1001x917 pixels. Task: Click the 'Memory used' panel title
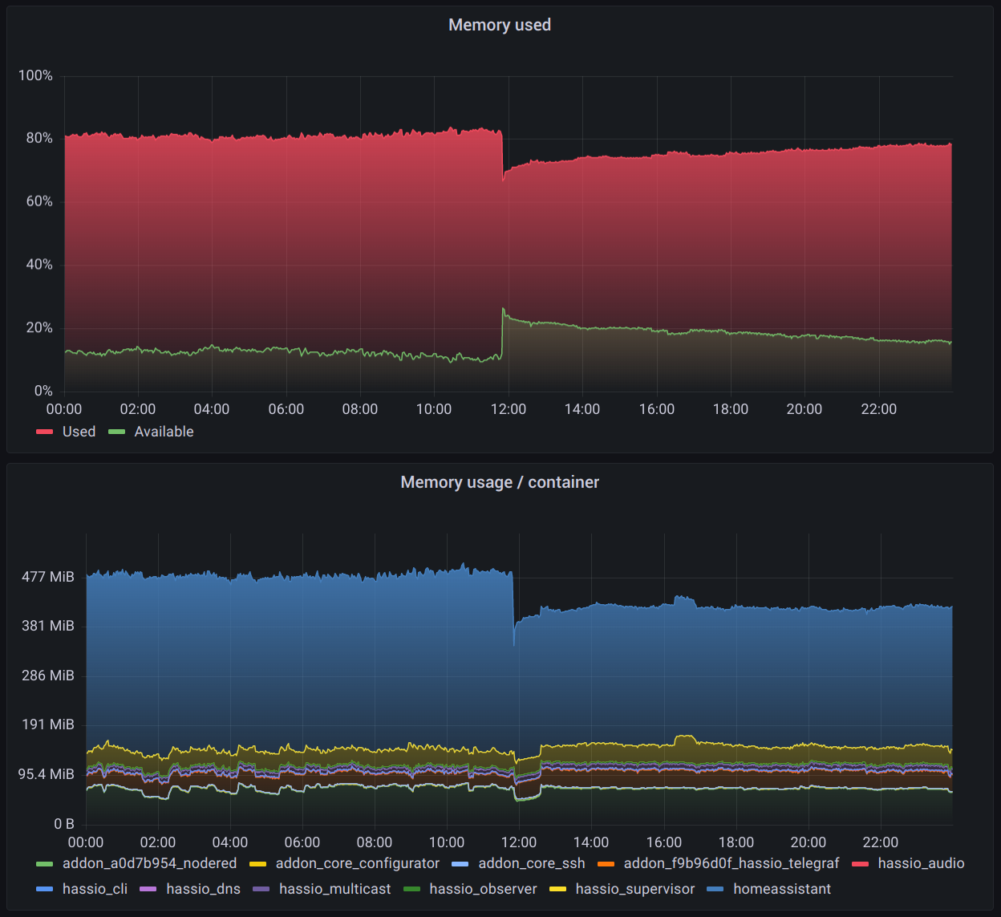(500, 25)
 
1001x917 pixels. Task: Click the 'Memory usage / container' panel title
(500, 482)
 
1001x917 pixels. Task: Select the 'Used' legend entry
(79, 432)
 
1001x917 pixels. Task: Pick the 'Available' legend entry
(164, 432)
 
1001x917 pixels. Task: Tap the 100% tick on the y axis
(35, 75)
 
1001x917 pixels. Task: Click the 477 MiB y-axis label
(48, 577)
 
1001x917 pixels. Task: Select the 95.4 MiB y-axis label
(47, 774)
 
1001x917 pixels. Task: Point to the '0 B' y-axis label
(64, 824)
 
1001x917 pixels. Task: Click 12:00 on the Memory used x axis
(508, 409)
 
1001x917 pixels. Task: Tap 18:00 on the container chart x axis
(736, 842)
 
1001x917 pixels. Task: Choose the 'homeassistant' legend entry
(781, 889)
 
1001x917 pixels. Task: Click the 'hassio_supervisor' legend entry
(634, 889)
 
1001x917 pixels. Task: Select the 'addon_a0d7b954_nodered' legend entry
(149, 863)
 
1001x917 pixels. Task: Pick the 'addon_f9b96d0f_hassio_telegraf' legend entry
(731, 863)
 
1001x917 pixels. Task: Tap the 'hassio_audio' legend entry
(921, 863)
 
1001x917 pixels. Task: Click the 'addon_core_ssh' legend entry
(531, 863)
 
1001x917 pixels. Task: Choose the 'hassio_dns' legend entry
(203, 889)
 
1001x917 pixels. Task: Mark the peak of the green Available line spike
(503, 309)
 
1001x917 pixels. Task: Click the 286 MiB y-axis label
(48, 676)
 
